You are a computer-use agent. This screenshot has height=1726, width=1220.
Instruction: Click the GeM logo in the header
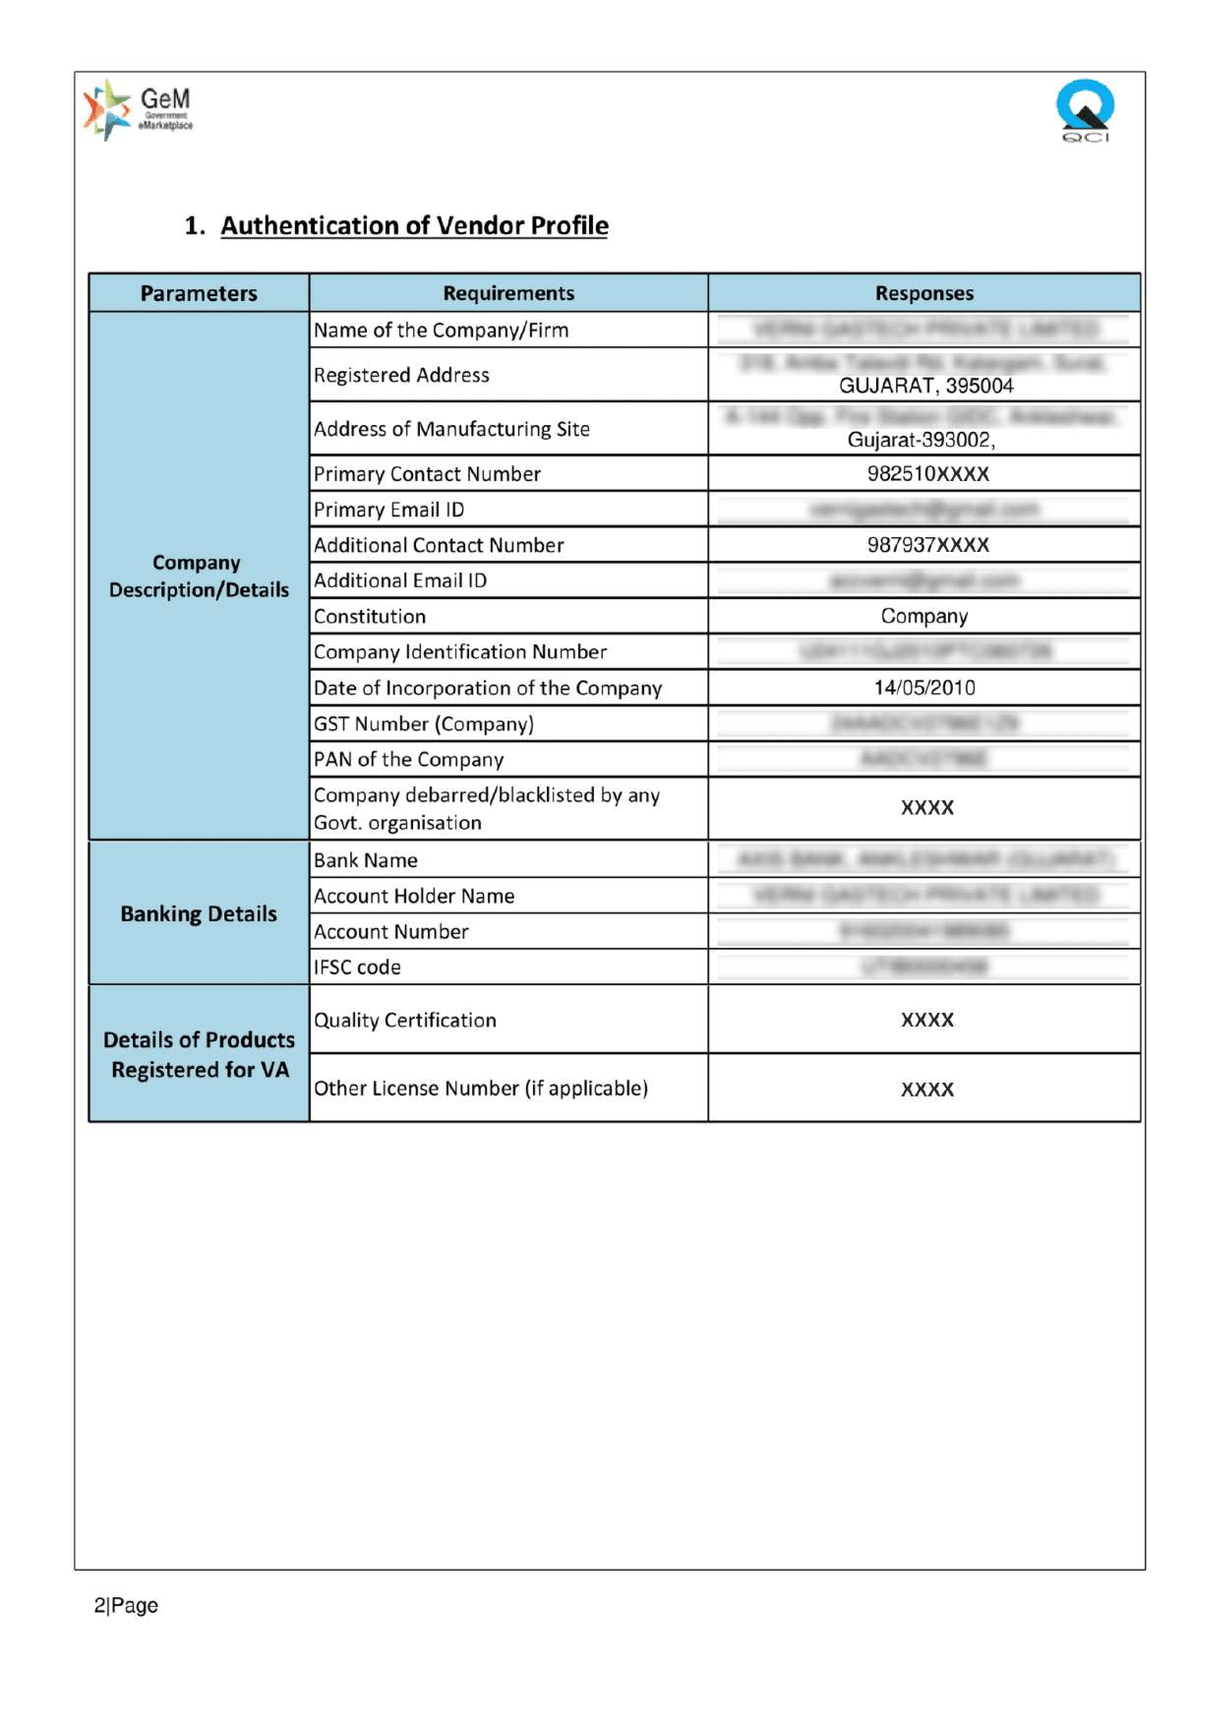tap(138, 110)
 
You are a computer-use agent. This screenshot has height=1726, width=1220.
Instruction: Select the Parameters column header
tap(199, 293)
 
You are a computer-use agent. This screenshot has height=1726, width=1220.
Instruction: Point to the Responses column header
tap(924, 293)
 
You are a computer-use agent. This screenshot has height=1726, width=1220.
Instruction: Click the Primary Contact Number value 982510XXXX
tap(927, 474)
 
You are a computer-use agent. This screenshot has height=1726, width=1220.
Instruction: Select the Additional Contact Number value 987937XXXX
tap(927, 545)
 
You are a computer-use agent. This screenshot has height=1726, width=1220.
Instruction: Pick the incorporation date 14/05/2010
tap(924, 687)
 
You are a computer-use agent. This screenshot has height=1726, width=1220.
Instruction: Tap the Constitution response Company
tap(924, 616)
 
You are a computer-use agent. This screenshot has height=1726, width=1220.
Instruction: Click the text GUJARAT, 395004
tap(926, 386)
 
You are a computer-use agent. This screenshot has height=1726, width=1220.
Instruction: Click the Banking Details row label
tap(199, 913)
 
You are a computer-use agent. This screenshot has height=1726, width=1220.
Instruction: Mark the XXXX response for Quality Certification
tap(927, 1020)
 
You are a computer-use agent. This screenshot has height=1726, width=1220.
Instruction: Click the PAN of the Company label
tap(408, 759)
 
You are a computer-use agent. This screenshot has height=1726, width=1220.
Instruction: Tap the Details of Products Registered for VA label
tap(199, 1055)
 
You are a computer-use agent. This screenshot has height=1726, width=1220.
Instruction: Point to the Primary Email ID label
tap(388, 510)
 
